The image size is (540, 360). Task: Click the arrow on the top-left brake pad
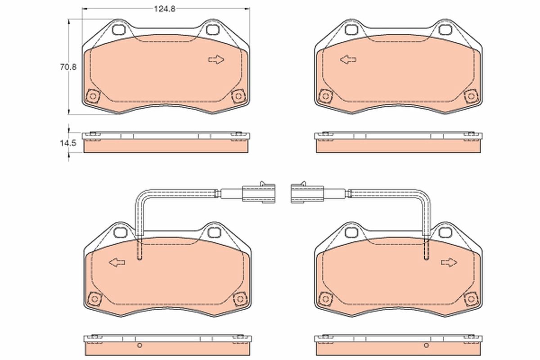(x=216, y=60)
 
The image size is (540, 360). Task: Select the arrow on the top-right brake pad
(x=348, y=60)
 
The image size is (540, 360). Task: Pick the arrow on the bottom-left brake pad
(x=117, y=262)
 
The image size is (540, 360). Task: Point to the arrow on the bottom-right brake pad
(x=449, y=262)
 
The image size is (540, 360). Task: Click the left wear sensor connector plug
(x=258, y=193)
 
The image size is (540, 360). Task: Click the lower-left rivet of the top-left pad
(x=93, y=96)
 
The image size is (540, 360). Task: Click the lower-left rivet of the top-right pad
(x=324, y=96)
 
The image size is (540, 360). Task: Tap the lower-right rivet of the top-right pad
(x=471, y=96)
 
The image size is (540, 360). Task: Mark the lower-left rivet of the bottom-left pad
(x=94, y=298)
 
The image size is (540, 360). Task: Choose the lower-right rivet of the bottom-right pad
(x=471, y=298)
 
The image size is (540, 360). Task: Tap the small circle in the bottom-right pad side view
(x=425, y=346)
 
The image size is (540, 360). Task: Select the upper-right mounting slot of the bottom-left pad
(x=212, y=232)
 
